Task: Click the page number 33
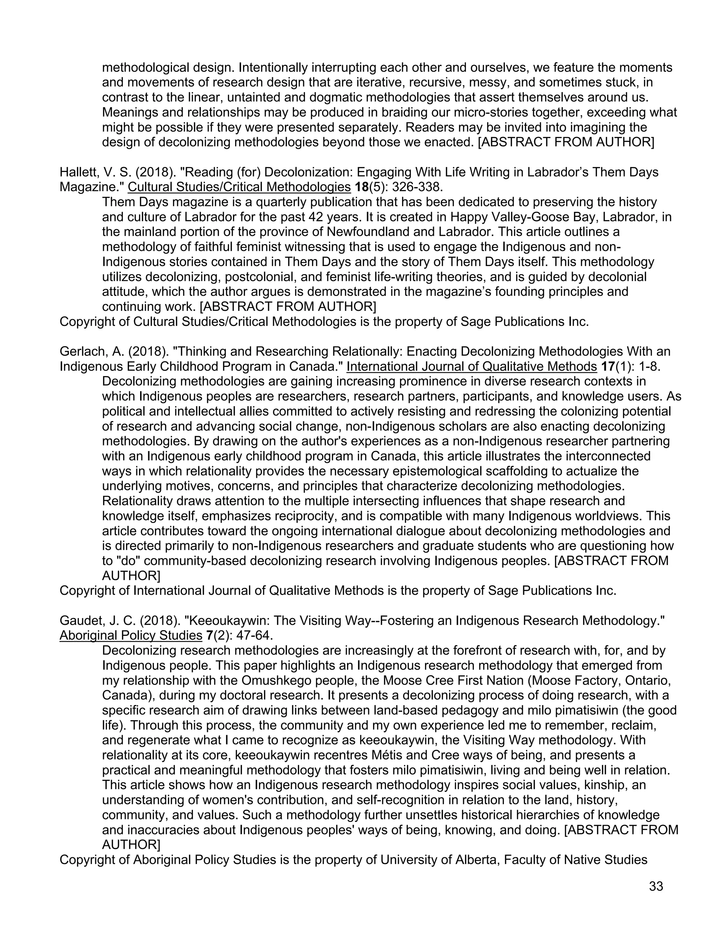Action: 656,886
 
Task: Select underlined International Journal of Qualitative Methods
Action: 472,366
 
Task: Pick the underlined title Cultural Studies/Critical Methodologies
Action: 239,187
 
